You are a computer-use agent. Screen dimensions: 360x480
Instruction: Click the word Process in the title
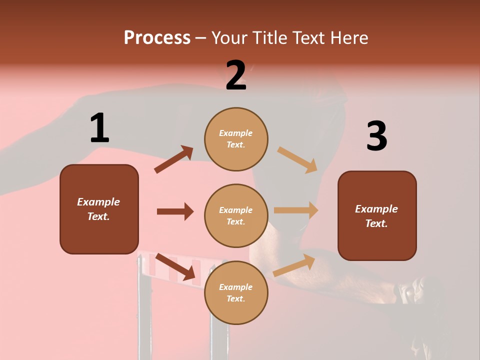[x=157, y=37]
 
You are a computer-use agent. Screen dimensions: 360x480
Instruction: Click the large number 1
[x=99, y=128]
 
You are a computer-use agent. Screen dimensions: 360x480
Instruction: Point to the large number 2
[x=236, y=75]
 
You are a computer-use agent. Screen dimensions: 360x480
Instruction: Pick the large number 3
[x=376, y=136]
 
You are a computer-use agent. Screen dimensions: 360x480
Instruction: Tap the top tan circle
[x=236, y=138]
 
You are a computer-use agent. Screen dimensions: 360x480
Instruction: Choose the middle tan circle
[x=236, y=215]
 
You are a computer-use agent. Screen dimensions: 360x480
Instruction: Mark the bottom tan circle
[x=236, y=292]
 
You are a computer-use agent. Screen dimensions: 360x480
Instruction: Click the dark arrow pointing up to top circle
[x=174, y=159]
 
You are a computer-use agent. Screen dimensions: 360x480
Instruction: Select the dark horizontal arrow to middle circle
[x=175, y=211]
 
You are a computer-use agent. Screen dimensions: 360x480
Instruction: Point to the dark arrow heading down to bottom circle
[x=175, y=267]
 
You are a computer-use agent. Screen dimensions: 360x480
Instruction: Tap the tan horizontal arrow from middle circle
[x=296, y=210]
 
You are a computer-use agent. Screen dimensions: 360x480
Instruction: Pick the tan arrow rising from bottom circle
[x=294, y=265]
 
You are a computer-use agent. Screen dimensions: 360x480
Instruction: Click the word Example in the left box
[x=98, y=202]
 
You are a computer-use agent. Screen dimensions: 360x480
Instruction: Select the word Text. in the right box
[x=376, y=223]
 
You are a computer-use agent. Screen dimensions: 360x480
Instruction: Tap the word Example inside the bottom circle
[x=236, y=287]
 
